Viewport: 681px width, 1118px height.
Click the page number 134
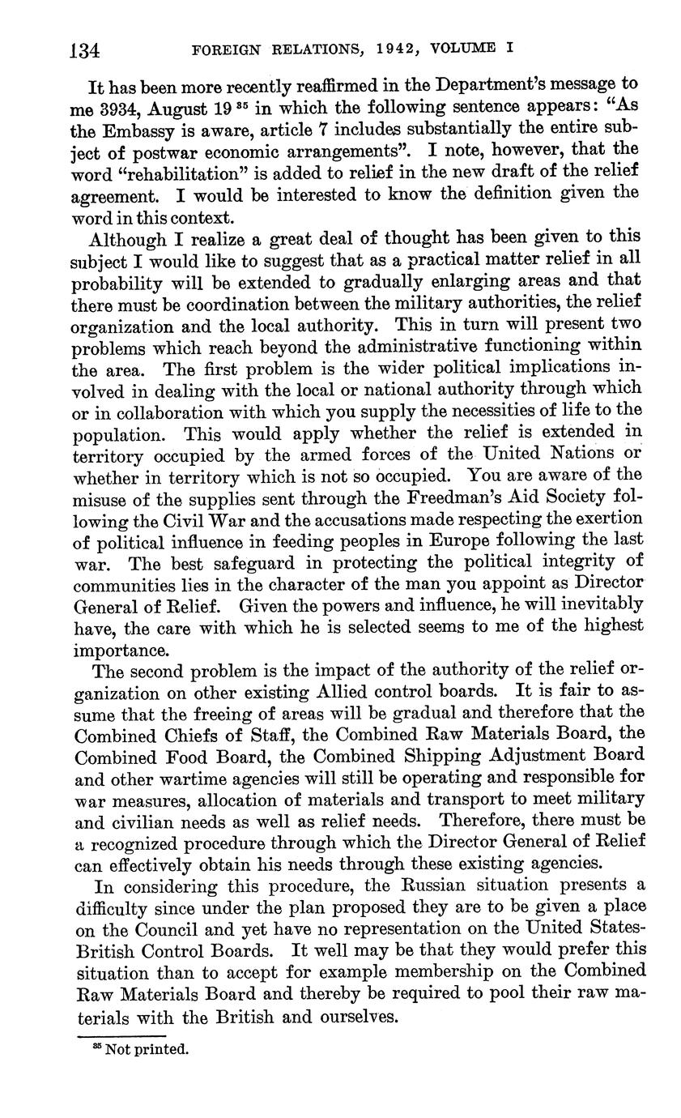pyautogui.click(x=84, y=51)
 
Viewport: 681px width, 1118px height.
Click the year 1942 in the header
pyautogui.click(x=398, y=49)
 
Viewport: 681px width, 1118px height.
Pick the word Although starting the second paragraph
pyautogui.click(x=128, y=238)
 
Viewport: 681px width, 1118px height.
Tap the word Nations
pyautogui.click(x=573, y=453)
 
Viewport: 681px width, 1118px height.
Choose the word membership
pyautogui.click(x=469, y=971)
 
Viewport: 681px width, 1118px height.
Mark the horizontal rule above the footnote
pyautogui.click(x=121, y=1035)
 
